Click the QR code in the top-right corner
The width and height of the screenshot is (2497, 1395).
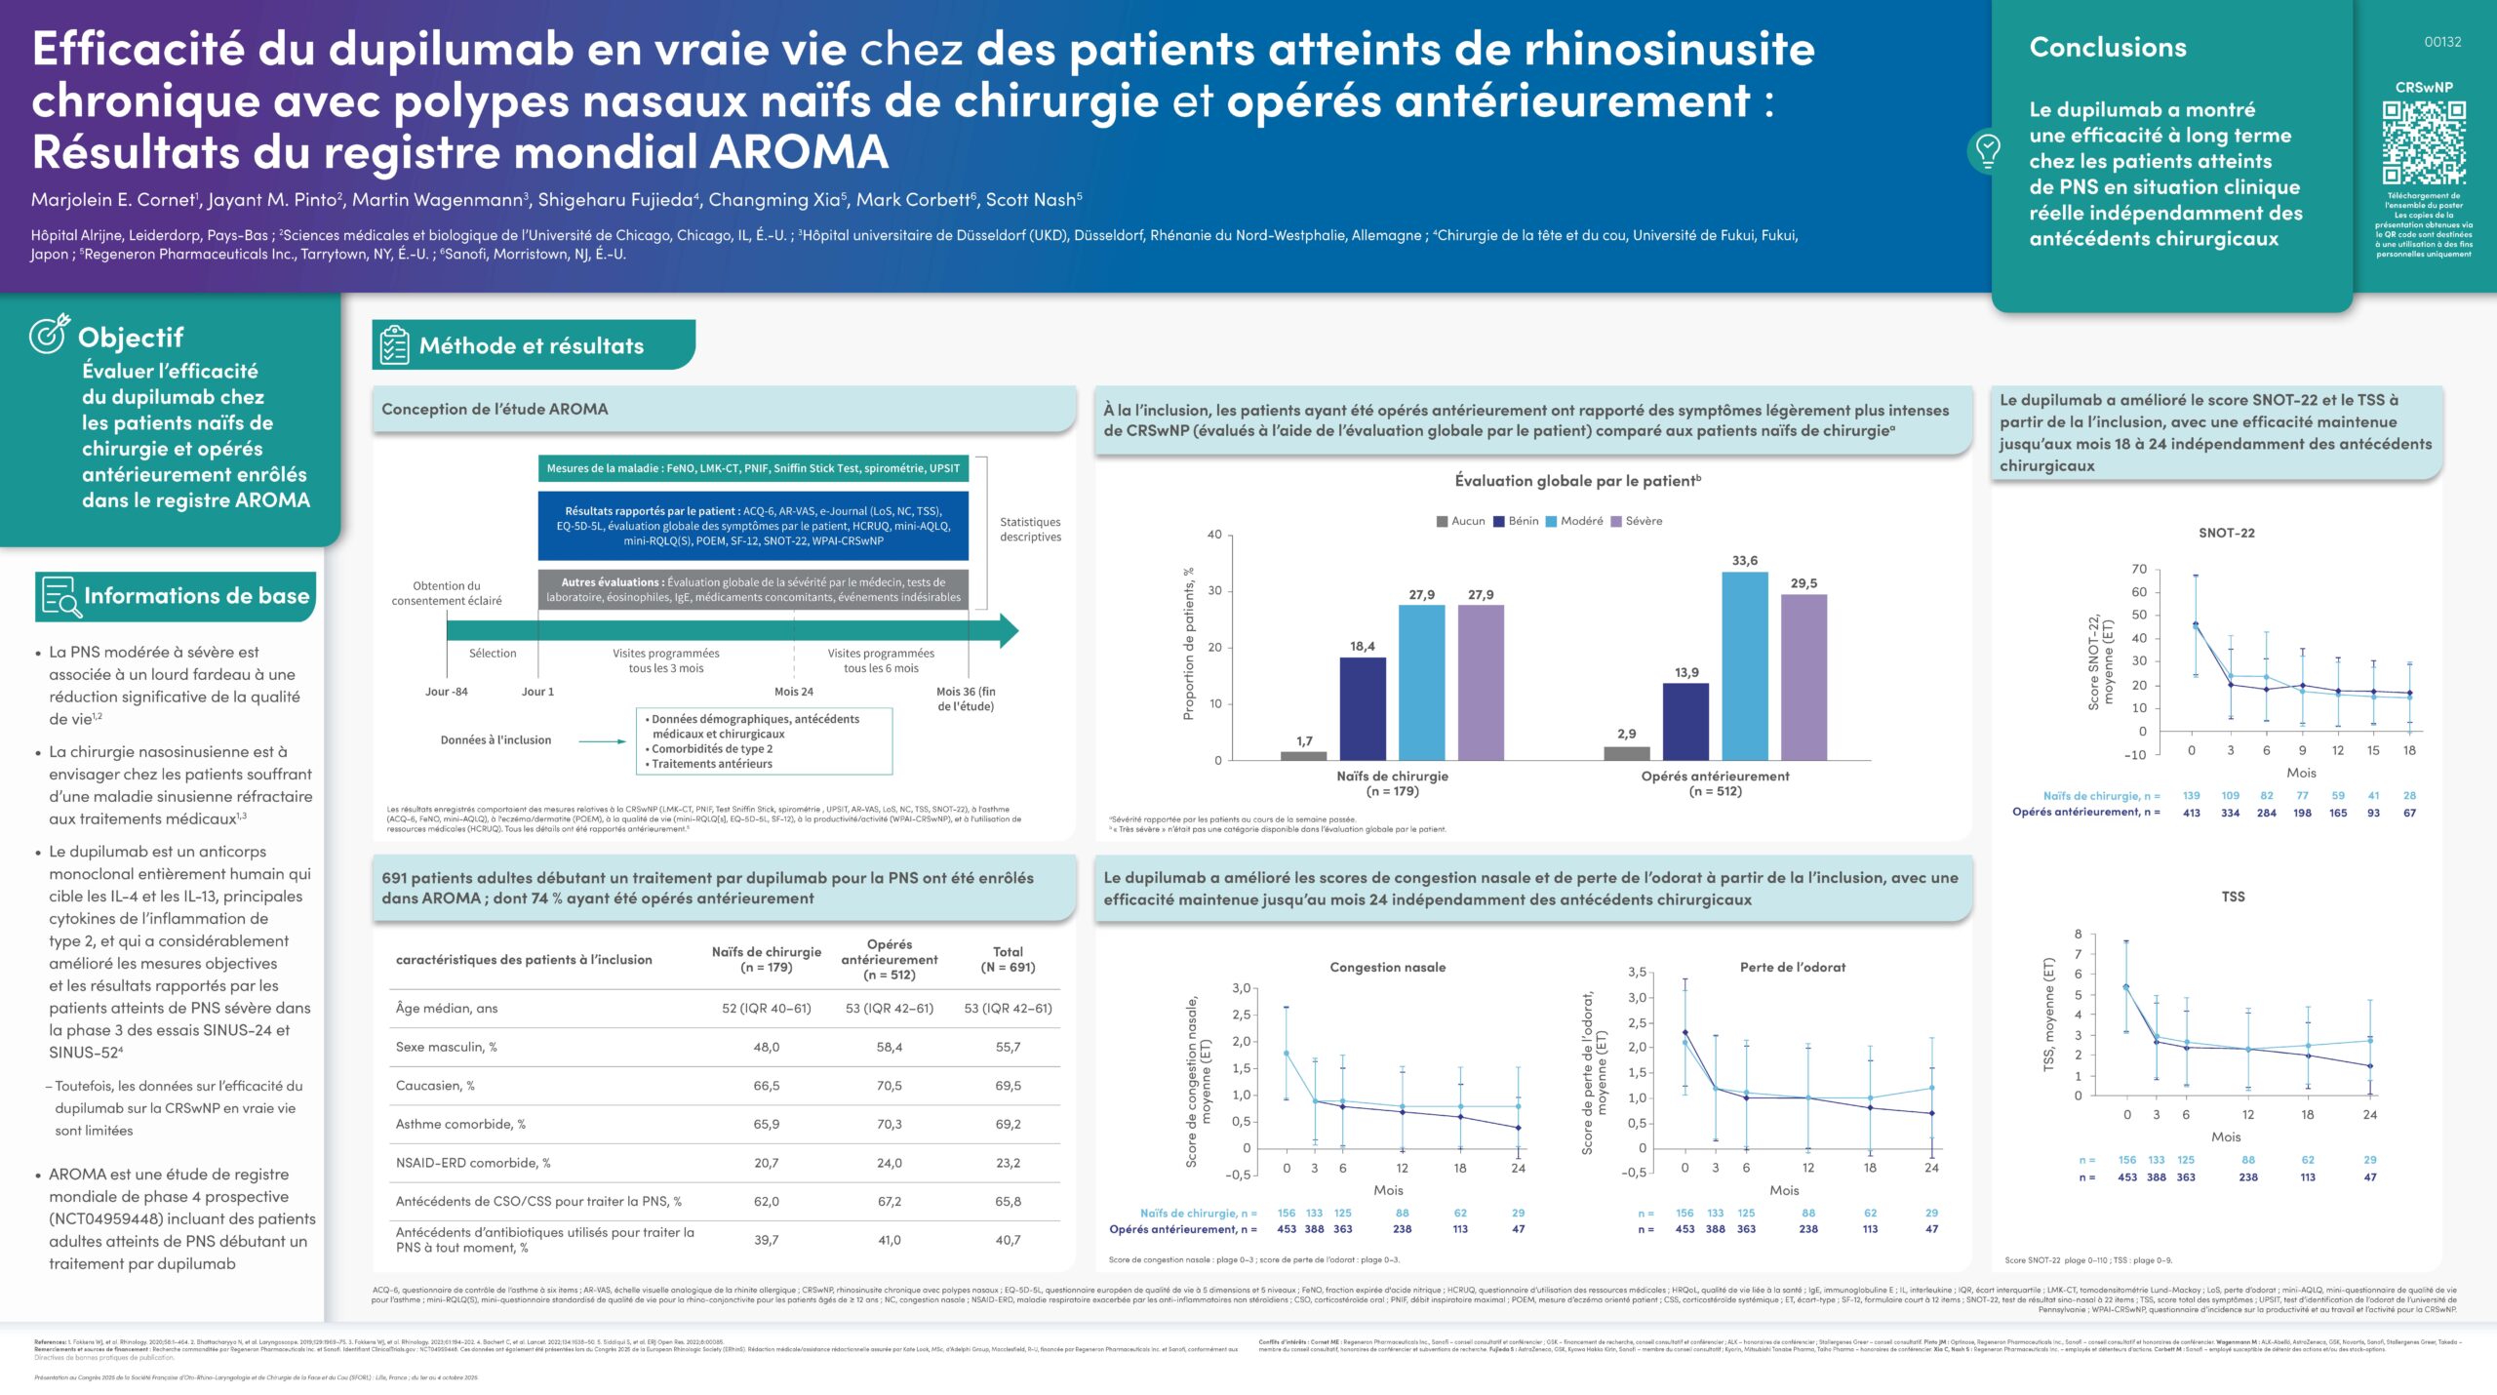pos(2424,142)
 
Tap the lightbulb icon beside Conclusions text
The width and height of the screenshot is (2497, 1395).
pos(1987,150)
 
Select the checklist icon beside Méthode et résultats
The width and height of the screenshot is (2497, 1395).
pos(395,345)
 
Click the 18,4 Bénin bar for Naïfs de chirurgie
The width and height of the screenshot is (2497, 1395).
pos(1362,708)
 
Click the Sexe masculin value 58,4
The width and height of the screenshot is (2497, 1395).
pos(889,1047)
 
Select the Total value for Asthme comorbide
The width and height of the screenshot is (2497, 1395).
pos(1008,1124)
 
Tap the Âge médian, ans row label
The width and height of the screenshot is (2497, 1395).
pos(447,1008)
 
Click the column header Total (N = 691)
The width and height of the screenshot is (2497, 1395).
pos(1008,959)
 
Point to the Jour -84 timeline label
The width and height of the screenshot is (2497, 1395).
pos(446,692)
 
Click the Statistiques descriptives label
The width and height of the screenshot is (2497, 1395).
pos(1030,529)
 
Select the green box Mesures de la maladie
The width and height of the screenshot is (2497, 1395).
pos(753,468)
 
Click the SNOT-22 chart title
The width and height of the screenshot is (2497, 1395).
pos(2226,533)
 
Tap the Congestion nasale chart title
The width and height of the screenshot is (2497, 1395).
pos(1387,967)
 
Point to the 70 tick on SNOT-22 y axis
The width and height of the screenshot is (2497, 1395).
pos(2139,569)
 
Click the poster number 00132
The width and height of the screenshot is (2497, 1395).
pos(2442,42)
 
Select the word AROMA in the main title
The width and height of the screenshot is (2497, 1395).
pos(798,152)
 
